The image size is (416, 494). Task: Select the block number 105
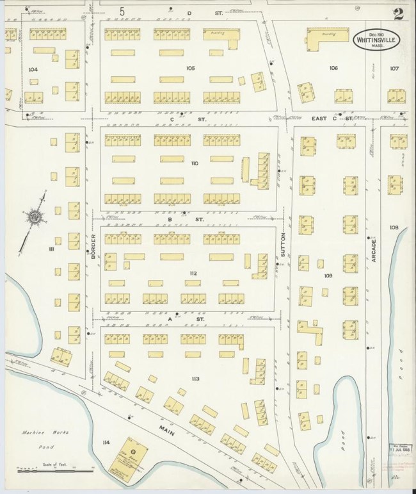(189, 67)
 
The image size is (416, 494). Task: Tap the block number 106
(333, 67)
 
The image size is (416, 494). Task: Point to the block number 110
(195, 163)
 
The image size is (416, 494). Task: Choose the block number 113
(195, 379)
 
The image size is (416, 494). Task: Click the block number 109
(328, 276)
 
